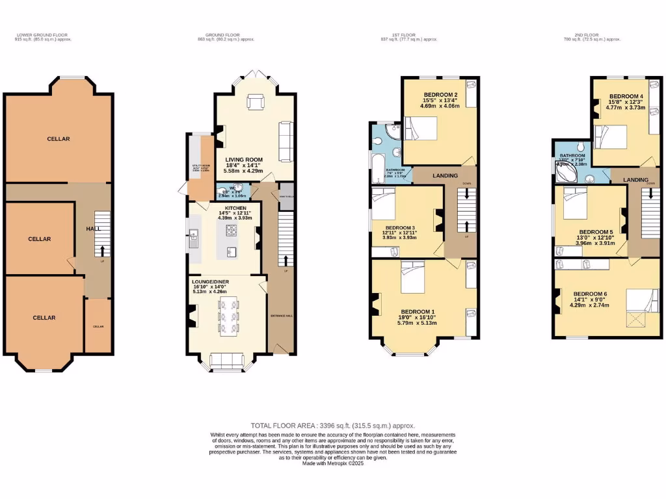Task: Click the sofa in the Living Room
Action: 285,141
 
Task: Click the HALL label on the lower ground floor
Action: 92,229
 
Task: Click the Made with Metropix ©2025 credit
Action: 332,463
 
